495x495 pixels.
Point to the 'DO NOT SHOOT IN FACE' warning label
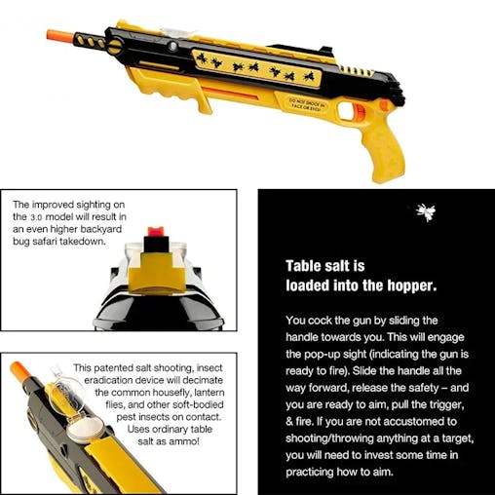[x=334, y=100]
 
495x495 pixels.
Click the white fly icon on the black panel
[x=425, y=211]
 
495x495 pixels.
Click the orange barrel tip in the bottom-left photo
[x=19, y=370]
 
